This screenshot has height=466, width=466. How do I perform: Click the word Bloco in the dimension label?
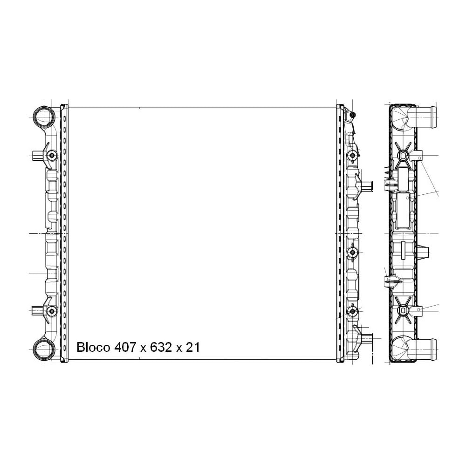[93, 347]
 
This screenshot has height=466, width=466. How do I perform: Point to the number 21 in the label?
[192, 347]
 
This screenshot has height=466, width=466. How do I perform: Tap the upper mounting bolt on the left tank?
[51, 155]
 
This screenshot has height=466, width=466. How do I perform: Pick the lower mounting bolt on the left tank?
[51, 310]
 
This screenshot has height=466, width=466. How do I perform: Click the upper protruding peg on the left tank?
[36, 156]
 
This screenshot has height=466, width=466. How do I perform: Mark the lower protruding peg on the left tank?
[36, 310]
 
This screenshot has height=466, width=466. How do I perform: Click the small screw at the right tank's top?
[353, 115]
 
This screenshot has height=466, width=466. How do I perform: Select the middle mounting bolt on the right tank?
[353, 252]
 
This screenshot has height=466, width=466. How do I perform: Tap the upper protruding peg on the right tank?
[368, 186]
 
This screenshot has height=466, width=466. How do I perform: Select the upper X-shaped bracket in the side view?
[403, 155]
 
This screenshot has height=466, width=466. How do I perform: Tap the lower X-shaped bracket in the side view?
[403, 310]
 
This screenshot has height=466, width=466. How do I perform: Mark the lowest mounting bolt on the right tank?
[353, 311]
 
